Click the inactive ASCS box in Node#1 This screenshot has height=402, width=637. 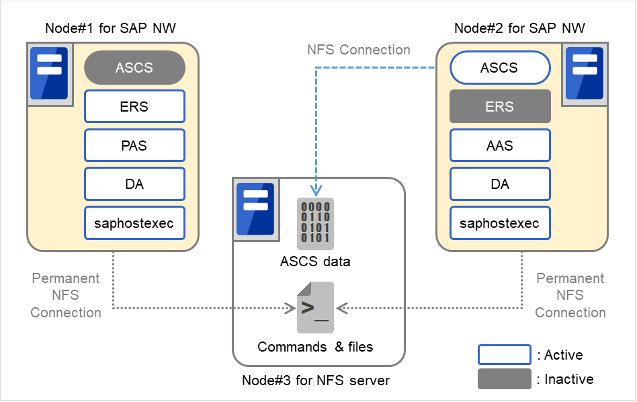(x=134, y=68)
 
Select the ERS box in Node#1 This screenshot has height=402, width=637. (x=134, y=106)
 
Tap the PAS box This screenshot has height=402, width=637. (x=134, y=145)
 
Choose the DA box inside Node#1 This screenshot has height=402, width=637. (x=134, y=184)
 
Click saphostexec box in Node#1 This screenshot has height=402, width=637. (x=134, y=223)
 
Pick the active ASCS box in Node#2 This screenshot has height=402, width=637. (x=499, y=68)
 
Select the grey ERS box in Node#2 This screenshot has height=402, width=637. (x=499, y=106)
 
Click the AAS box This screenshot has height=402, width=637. (x=499, y=145)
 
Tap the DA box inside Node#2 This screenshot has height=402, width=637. (x=499, y=184)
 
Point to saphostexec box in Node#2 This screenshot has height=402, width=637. (x=499, y=223)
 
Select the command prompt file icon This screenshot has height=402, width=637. (x=315, y=308)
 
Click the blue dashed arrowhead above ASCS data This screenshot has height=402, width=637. (x=315, y=191)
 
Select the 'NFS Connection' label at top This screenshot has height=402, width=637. (x=358, y=50)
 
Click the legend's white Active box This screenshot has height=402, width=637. (x=504, y=354)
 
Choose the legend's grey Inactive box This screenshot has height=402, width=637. (x=504, y=379)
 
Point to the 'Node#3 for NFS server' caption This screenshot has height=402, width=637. (x=316, y=380)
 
